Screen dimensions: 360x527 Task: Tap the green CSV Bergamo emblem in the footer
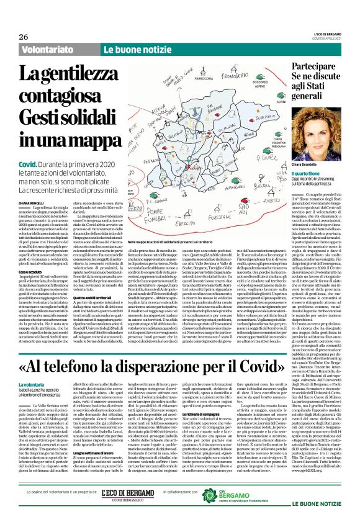coord(212,495)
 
